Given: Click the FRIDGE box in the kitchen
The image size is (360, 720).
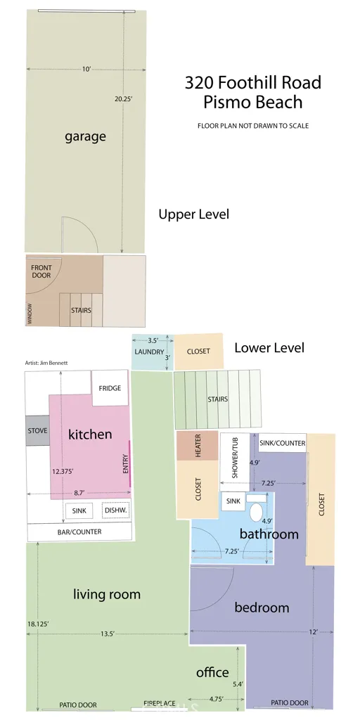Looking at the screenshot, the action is click(110, 388).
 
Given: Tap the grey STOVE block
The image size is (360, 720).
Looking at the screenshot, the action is click(37, 431).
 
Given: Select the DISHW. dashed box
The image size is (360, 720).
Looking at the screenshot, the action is click(116, 510).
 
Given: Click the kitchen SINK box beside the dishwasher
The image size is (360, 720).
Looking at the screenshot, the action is click(79, 510).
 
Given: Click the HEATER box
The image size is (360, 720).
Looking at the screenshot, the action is click(198, 445).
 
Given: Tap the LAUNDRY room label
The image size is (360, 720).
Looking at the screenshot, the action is click(149, 352).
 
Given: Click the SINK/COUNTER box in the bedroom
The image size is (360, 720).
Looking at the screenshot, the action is click(283, 443).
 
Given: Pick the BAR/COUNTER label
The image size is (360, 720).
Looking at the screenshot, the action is click(79, 532).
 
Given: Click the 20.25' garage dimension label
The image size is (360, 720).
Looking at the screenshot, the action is click(124, 98).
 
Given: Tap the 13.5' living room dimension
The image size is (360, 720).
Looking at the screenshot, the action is click(108, 634).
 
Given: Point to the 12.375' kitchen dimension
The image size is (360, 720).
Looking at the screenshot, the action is click(63, 471).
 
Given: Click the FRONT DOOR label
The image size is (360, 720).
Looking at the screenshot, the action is click(41, 271).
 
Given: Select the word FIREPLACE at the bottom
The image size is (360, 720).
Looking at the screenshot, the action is click(160, 703).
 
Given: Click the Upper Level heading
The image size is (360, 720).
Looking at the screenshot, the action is click(194, 214).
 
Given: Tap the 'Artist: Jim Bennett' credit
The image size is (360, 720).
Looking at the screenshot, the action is click(46, 363).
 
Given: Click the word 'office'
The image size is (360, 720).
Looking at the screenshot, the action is click(212, 673).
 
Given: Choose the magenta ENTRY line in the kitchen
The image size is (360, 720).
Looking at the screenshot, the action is click(130, 463).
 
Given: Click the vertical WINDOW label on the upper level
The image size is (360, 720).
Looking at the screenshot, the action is click(30, 314).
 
